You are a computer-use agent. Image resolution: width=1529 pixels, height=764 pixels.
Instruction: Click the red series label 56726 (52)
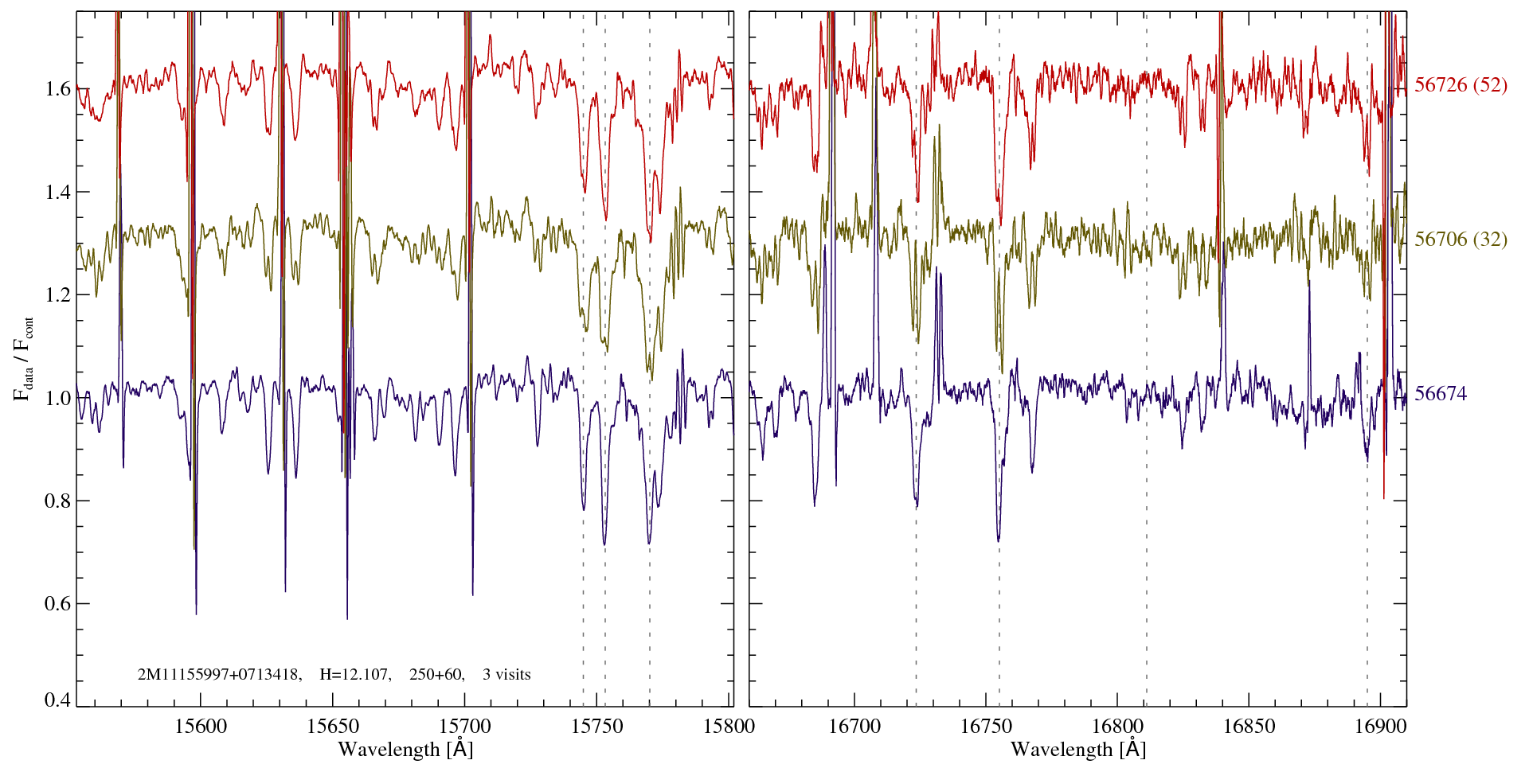pos(1461,85)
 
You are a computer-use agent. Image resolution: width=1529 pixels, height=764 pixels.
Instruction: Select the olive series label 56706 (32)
pos(1461,240)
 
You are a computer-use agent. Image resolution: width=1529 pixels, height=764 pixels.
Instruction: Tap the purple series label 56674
pos(1440,394)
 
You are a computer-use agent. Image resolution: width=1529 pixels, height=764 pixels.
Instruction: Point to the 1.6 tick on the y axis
pos(58,88)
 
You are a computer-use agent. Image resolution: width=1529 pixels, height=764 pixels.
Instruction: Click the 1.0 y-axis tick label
pos(58,398)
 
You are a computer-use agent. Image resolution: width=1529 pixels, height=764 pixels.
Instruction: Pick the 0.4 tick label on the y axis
pos(58,700)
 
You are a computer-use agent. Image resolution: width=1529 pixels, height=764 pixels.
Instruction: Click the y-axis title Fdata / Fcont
pos(25,358)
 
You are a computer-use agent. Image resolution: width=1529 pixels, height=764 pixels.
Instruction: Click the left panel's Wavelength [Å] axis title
pos(405,750)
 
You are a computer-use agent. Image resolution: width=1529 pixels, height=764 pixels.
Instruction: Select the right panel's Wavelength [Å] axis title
pos(1078,750)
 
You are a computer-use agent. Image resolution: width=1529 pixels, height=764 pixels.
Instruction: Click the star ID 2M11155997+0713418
pos(219,675)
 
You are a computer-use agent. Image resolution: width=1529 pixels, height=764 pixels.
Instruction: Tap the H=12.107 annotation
pos(354,675)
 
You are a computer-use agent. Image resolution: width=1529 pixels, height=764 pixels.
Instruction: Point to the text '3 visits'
pos(506,675)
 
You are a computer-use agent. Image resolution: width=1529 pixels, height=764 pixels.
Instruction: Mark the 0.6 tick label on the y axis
pos(58,604)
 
